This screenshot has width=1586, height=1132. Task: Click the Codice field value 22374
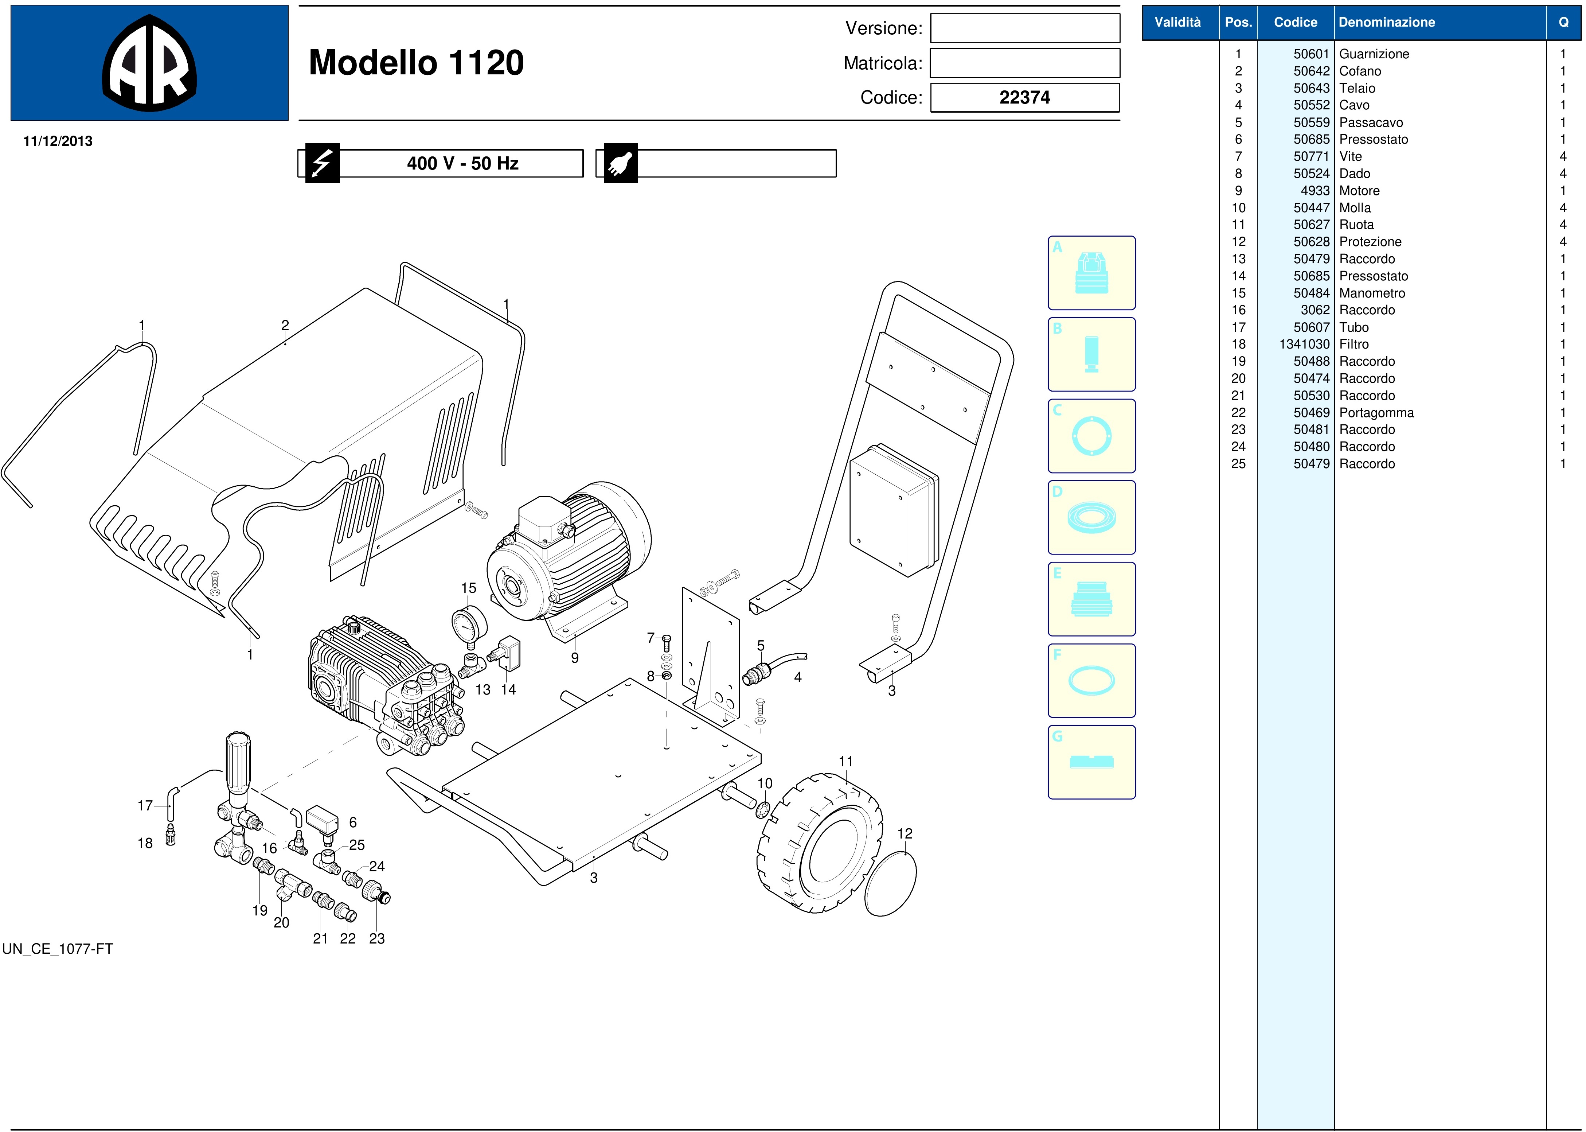point(1024,98)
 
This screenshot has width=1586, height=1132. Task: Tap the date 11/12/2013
point(58,141)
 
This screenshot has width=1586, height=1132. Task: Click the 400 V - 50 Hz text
point(463,163)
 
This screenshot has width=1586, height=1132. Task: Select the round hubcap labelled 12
point(891,884)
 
